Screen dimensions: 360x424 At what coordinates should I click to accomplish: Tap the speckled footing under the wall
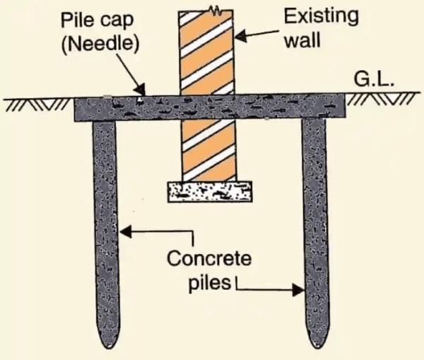pyautogui.click(x=209, y=191)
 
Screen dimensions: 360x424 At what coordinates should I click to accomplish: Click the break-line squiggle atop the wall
pyautogui.click(x=209, y=11)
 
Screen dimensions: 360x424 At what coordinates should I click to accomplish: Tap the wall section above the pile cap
pyautogui.click(x=209, y=53)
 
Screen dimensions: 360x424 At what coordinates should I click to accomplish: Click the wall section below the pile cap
pyautogui.click(x=209, y=149)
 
